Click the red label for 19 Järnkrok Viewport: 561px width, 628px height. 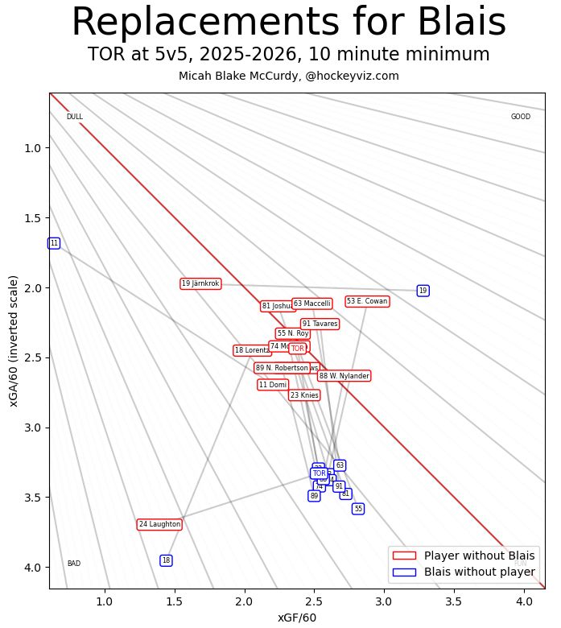(x=200, y=283)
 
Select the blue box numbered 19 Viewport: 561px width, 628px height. (x=423, y=291)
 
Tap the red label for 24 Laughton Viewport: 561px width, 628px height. (x=159, y=524)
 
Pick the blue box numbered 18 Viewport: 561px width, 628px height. (x=166, y=560)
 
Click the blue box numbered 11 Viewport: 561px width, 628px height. (x=54, y=243)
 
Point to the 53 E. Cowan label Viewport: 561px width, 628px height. (x=367, y=301)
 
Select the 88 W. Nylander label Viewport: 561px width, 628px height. (x=344, y=376)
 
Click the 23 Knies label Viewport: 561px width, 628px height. (x=304, y=395)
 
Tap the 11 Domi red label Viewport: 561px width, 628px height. (x=273, y=385)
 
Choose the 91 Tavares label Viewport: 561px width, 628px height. (x=320, y=324)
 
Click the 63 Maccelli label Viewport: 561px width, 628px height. (x=312, y=304)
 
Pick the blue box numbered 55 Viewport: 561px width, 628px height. (x=358, y=509)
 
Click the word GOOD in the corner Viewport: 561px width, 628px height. (x=521, y=117)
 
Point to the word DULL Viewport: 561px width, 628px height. (x=75, y=117)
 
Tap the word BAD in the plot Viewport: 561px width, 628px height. (x=73, y=564)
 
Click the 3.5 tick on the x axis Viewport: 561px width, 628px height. (x=453, y=601)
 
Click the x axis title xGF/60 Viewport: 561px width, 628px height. (x=297, y=618)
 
